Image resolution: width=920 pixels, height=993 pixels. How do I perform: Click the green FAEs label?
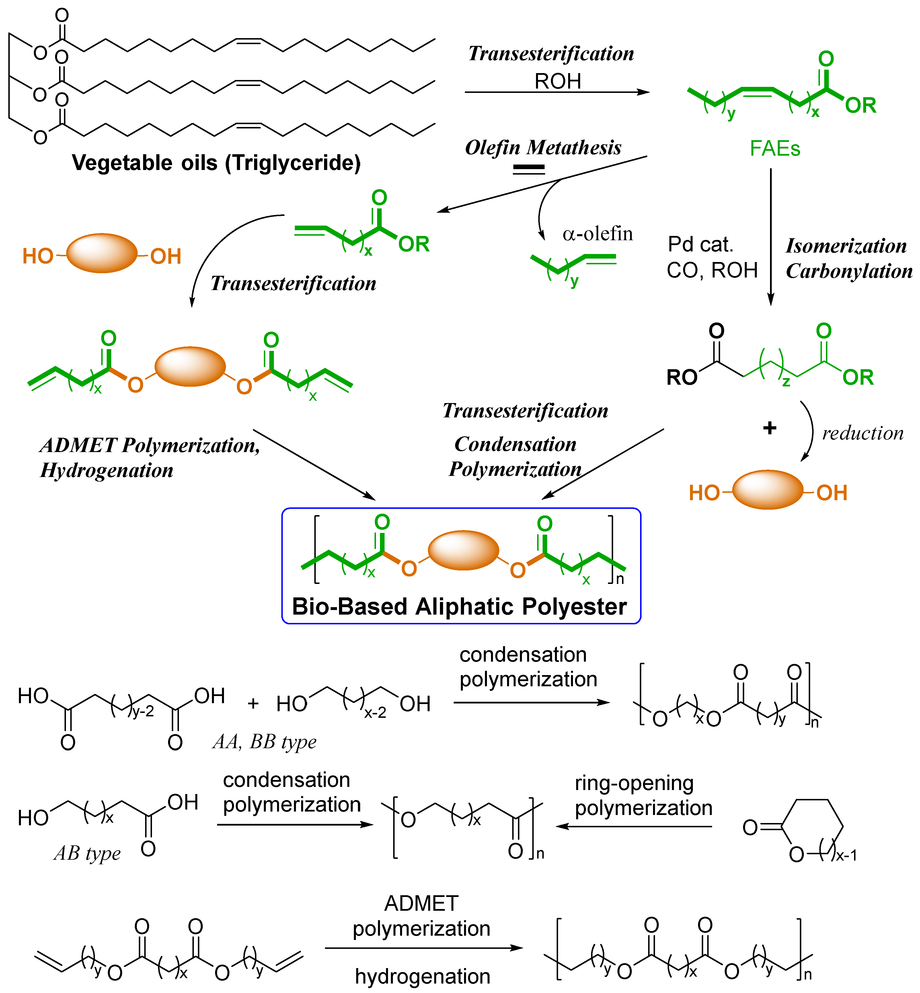(775, 149)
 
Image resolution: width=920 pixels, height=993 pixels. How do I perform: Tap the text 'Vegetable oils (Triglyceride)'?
(216, 163)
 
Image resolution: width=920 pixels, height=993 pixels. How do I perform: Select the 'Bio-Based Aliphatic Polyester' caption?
(459, 607)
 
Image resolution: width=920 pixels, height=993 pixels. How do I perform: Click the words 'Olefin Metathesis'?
(543, 147)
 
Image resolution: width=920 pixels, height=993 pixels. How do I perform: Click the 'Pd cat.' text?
(700, 244)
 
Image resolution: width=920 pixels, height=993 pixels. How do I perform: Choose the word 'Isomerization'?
(846, 246)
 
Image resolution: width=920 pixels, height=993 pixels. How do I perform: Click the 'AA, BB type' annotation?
(264, 742)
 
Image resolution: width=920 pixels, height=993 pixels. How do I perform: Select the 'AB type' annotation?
(87, 853)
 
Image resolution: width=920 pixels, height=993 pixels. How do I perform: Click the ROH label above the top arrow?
(558, 81)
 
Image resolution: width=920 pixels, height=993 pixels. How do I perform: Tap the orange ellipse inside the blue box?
(463, 550)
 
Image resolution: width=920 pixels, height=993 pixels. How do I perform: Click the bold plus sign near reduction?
(770, 428)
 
